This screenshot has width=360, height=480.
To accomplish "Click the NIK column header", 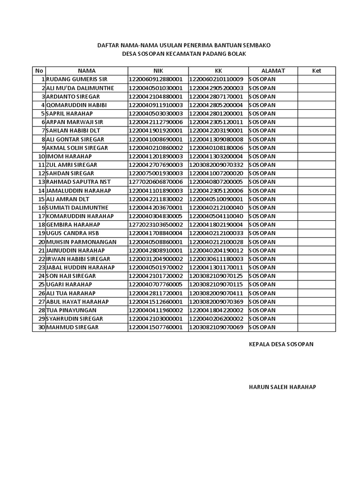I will point(157,71).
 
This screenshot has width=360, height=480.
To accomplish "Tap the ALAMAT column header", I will point(272,71).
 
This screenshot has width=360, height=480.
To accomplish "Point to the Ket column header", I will point(316,71).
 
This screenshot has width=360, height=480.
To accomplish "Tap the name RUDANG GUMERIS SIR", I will point(76,79).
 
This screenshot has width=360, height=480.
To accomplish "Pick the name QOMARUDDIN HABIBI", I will point(76,105).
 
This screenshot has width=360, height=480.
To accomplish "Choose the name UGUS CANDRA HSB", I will point(73,233).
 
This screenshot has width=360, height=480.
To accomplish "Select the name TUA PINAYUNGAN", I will point(71,310).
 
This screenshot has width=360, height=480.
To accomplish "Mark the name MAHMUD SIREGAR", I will point(72,327).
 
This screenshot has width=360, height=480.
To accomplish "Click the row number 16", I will point(41,208).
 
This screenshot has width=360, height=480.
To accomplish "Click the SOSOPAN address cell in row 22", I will point(262,259).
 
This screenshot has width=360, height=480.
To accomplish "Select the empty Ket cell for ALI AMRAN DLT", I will point(316,199).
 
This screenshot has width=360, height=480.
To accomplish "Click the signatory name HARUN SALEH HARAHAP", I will point(282,387).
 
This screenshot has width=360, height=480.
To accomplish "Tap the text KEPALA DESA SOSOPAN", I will point(281,344).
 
